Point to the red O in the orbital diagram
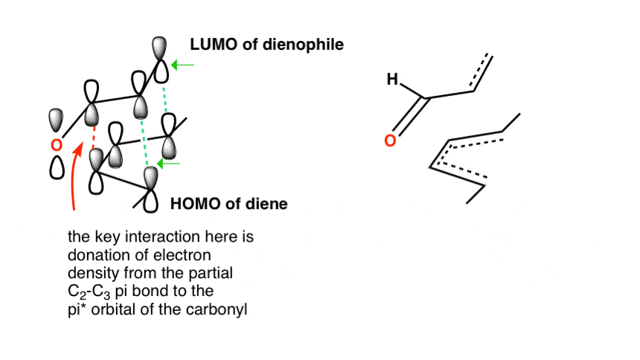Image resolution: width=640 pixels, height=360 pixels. (57, 145)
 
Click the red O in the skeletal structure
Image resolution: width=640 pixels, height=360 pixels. (390, 141)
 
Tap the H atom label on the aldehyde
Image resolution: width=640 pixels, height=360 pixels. (392, 79)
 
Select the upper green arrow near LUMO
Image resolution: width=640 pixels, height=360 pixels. (182, 65)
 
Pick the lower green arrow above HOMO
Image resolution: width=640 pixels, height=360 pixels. (169, 164)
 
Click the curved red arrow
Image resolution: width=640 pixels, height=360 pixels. (73, 176)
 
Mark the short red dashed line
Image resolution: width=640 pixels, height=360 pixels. (94, 137)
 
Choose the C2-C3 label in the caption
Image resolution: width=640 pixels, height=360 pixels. (89, 292)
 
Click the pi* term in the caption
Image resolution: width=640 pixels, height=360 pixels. (77, 310)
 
